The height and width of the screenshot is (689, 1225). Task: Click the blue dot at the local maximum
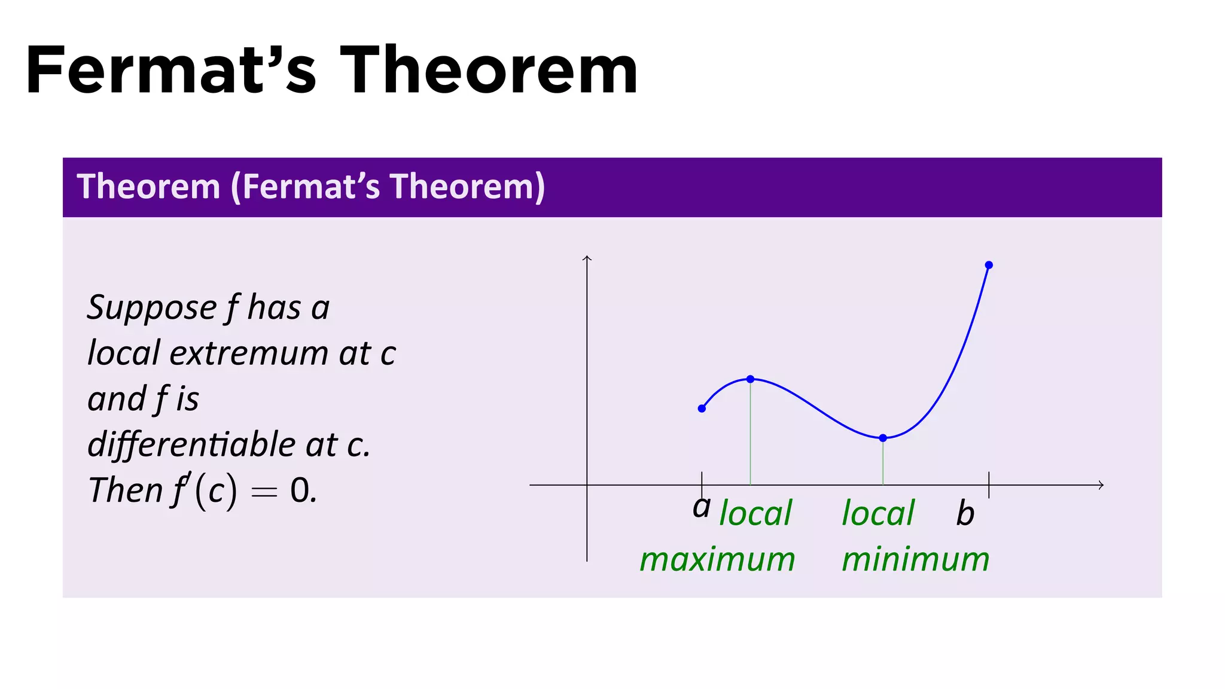click(x=750, y=379)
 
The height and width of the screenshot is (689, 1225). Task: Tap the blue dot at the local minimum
click(x=883, y=438)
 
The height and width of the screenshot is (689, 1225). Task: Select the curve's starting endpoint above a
click(x=702, y=408)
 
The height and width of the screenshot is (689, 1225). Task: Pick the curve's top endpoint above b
click(x=989, y=265)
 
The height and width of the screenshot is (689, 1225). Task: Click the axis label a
click(x=702, y=508)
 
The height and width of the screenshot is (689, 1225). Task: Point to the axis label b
click(x=965, y=514)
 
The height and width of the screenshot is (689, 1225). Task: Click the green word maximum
click(x=717, y=560)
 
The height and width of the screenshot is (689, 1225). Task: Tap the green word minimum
click(x=915, y=560)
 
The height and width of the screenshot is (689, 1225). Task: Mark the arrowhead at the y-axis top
click(x=587, y=258)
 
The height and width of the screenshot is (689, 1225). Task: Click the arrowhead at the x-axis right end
click(x=1101, y=485)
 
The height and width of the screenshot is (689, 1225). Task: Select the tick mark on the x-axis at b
click(x=989, y=484)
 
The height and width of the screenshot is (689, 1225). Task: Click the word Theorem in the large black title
click(x=489, y=71)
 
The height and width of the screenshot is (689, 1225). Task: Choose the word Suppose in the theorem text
click(x=151, y=308)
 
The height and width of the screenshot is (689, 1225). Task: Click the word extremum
click(x=249, y=353)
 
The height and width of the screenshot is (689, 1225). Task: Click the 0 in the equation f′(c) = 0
click(x=300, y=490)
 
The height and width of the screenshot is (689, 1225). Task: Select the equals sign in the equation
click(x=264, y=492)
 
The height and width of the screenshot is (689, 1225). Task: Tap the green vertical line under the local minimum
click(x=883, y=462)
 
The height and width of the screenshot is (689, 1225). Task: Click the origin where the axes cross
click(x=587, y=485)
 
